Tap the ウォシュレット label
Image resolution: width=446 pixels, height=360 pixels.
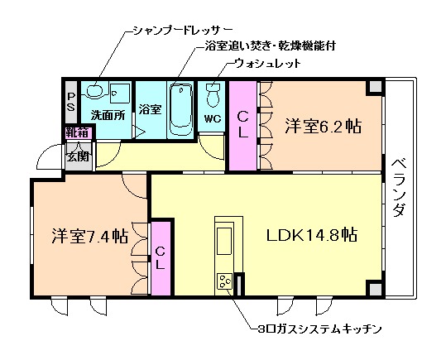coord(266,64)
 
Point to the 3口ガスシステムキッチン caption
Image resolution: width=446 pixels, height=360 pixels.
coord(319,329)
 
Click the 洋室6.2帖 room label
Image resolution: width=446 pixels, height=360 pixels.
coord(324,127)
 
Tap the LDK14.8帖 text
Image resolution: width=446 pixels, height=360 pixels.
coord(311,234)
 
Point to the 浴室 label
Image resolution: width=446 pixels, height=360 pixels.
coord(150,109)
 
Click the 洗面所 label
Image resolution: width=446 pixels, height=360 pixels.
coord(108,115)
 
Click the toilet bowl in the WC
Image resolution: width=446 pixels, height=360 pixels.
coord(212,96)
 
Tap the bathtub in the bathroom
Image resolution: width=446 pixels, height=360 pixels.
coord(180,109)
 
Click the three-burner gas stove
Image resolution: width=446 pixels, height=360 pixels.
coord(224,282)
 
